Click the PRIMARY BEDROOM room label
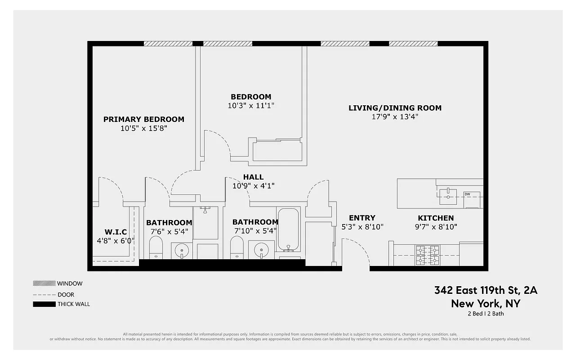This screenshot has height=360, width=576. pos(143,119)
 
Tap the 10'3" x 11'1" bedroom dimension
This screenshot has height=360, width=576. pos(251,106)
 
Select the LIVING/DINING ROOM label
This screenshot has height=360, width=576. pos(395,108)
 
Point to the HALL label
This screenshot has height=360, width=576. pos(253,177)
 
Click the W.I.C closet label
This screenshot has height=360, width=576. pos(116,232)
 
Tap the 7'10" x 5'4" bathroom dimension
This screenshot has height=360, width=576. pos(255,231)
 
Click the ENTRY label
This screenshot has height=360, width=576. pos(362,218)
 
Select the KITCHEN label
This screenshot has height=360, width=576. pos(436,218)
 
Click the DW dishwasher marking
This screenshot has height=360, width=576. pos(468,194)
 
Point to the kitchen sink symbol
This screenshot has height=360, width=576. pos(448,194)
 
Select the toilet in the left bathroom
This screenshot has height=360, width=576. pos(156,248)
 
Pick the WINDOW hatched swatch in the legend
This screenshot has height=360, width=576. pos(44,283)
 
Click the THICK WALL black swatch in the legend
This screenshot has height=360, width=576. pos(44,304)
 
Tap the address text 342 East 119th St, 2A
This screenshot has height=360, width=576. pos(486,290)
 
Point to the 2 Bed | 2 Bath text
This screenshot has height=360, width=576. pos(486,314)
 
